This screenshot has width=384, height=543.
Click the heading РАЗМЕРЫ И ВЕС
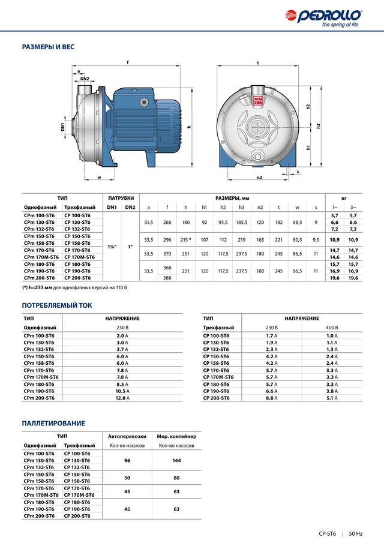coord(48,47)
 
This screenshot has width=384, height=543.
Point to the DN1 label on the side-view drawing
coord(63,127)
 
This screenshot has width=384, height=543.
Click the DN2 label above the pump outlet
coord(85,79)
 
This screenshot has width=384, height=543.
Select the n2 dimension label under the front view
coord(260,178)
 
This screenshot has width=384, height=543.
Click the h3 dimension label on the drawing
coord(319,127)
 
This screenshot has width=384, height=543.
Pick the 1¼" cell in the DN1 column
coord(112,247)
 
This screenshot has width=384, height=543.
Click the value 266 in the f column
coord(167,223)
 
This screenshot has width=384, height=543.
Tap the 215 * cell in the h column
coord(186,239)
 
